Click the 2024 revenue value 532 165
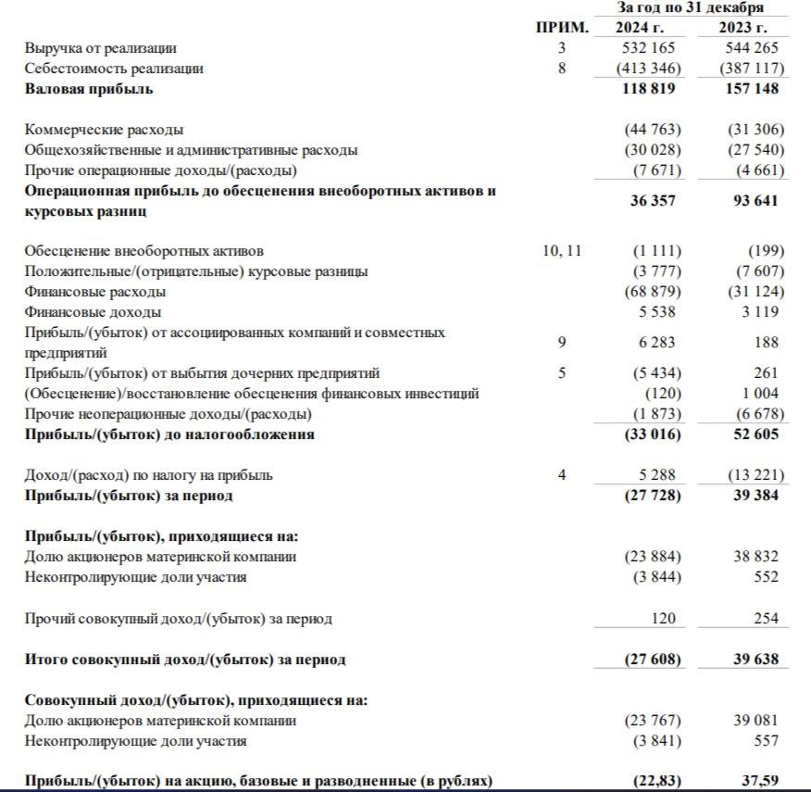[647, 47]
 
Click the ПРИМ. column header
[562, 28]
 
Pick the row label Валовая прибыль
[89, 89]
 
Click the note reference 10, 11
[562, 251]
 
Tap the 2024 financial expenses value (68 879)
[653, 292]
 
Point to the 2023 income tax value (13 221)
[755, 475]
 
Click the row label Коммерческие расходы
[104, 130]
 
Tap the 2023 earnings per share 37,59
[759, 782]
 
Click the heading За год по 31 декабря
[691, 7]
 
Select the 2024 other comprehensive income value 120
[663, 618]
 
